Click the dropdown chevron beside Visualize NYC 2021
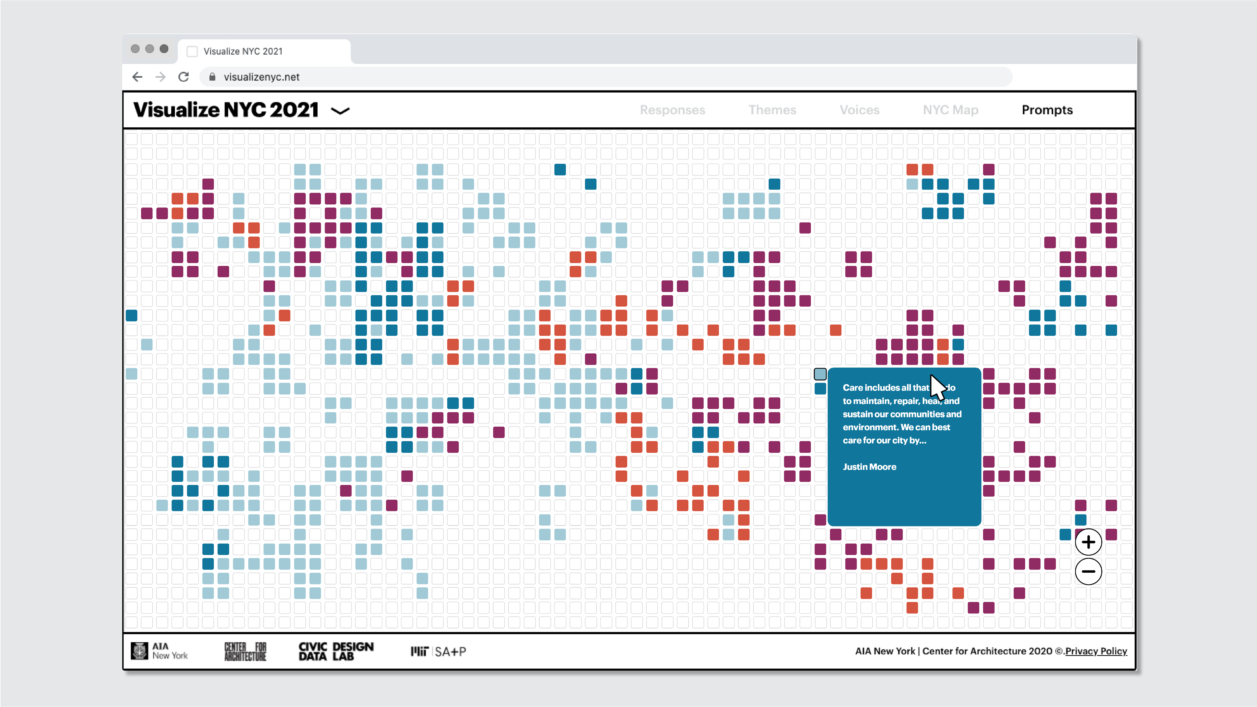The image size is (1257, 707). (340, 111)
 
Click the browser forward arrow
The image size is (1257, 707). (160, 77)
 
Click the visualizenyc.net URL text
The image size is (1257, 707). (261, 77)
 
